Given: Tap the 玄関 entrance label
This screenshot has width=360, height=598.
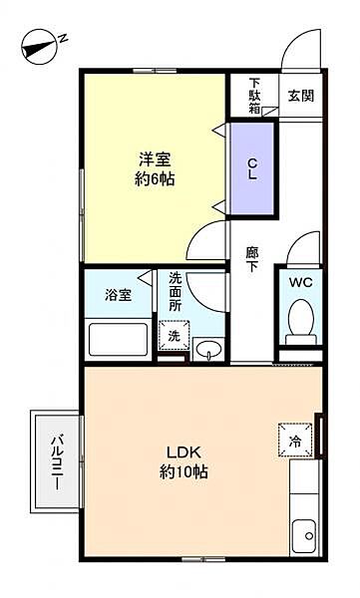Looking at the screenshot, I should (300, 96).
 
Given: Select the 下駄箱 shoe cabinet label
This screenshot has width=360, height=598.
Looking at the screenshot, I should (255, 96).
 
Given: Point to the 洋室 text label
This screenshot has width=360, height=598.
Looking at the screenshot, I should (154, 156).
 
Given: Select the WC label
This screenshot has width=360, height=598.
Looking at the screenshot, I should (300, 282).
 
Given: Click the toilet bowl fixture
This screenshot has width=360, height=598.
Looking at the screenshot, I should (300, 321).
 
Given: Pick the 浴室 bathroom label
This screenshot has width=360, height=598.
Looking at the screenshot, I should (118, 295).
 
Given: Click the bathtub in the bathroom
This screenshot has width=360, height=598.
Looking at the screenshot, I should (119, 339).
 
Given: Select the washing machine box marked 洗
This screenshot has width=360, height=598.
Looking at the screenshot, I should (174, 336).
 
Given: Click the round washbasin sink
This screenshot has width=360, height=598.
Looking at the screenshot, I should (207, 350).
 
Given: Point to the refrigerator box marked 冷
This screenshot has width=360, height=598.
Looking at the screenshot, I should (296, 440).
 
